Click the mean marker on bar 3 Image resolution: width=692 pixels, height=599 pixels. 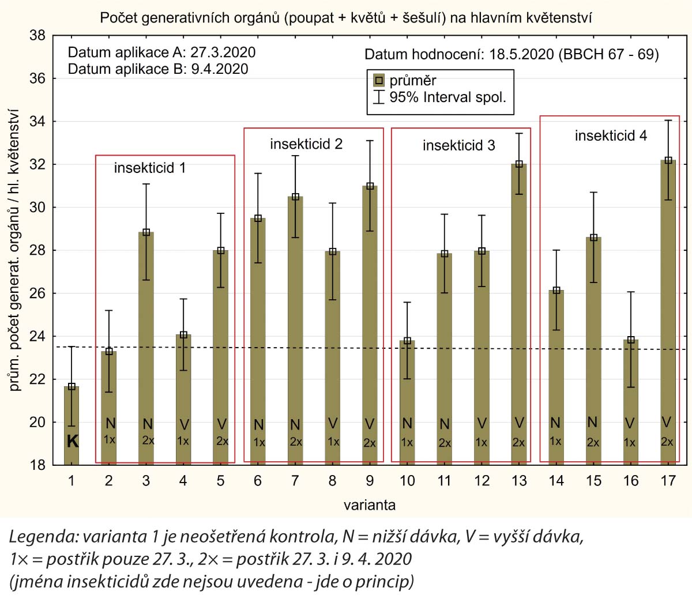tap(146, 232)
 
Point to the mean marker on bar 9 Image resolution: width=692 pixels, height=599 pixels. tap(370, 186)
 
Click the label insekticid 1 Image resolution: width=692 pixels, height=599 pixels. tap(150, 168)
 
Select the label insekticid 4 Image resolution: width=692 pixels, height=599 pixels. tap(611, 136)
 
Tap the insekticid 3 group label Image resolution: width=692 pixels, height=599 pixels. tap(458, 145)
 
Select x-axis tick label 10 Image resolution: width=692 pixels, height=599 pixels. tap(407, 481)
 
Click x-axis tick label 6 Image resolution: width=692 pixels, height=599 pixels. tap(258, 481)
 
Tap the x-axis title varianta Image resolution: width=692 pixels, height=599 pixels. tap(370, 505)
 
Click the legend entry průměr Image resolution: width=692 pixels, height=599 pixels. tap(412, 81)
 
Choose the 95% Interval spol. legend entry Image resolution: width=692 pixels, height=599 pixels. tap(447, 97)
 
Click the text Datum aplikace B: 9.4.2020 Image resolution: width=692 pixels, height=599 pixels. tap(158, 69)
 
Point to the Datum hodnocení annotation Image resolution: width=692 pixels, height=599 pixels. tap(512, 55)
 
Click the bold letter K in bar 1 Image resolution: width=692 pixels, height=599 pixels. tap(72, 442)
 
